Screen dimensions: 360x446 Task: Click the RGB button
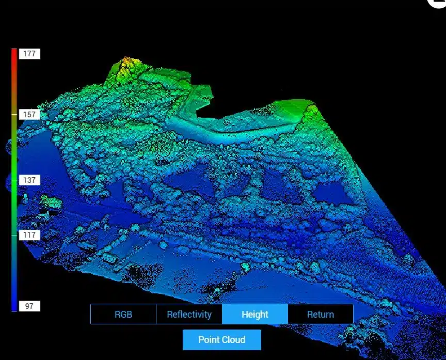point(123,314)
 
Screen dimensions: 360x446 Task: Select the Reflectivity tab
point(189,314)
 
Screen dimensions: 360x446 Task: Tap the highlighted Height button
point(255,314)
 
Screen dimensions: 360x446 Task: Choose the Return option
point(320,314)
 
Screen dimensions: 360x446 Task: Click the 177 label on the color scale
point(29,54)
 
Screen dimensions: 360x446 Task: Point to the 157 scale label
point(29,114)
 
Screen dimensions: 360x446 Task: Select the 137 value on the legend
point(29,180)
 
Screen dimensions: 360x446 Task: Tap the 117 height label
point(29,235)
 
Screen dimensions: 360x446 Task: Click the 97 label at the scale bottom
point(29,306)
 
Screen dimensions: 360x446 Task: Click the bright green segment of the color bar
point(14,170)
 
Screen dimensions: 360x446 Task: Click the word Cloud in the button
point(234,340)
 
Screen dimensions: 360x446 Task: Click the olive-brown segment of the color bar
point(14,103)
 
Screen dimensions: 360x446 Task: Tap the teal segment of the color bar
point(14,243)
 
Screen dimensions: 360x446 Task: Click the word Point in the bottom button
point(210,340)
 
